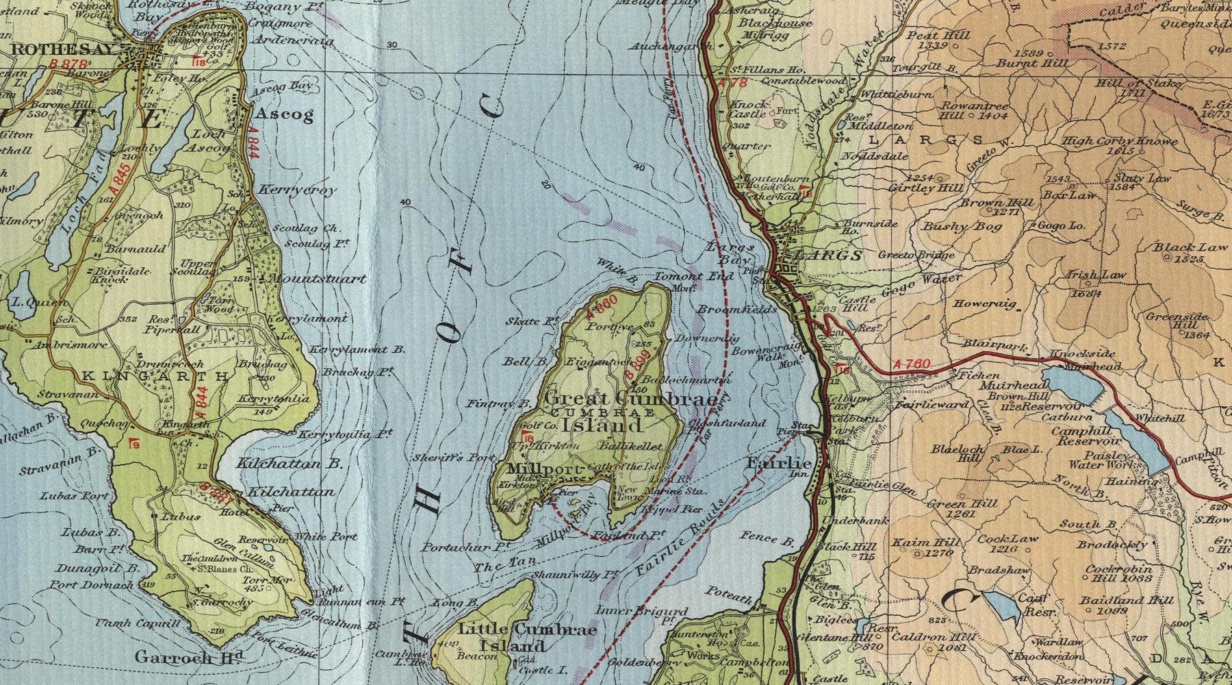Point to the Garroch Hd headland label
coord(189,657)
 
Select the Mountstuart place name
coord(316,279)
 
